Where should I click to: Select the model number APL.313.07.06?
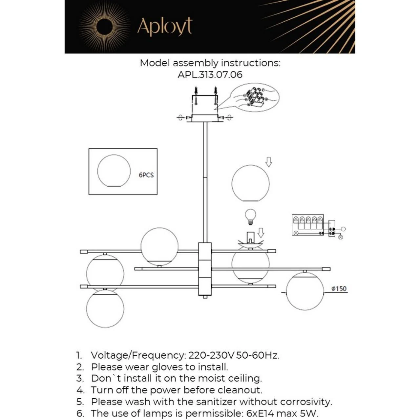pyautogui.click(x=210, y=74)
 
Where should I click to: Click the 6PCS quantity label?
pyautogui.click(x=146, y=175)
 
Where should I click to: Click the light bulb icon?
pyautogui.click(x=251, y=216)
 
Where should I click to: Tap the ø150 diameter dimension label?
pyautogui.click(x=339, y=289)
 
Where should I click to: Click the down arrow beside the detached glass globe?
pyautogui.click(x=269, y=162)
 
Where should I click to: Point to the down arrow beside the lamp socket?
pyautogui.click(x=261, y=233)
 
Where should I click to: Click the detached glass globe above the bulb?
pyautogui.click(x=250, y=183)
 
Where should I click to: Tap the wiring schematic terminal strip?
pyautogui.click(x=308, y=225)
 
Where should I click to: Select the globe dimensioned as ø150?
pyautogui.click(x=305, y=291)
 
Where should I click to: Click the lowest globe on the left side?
pyautogui.click(x=105, y=308)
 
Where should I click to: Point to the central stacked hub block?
pyautogui.click(x=205, y=269)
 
